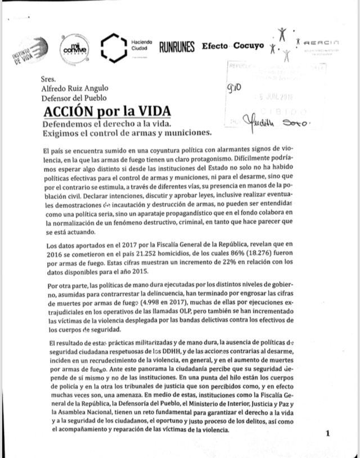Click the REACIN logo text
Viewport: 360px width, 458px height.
tap(325, 43)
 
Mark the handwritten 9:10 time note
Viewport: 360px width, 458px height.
tap(233, 88)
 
